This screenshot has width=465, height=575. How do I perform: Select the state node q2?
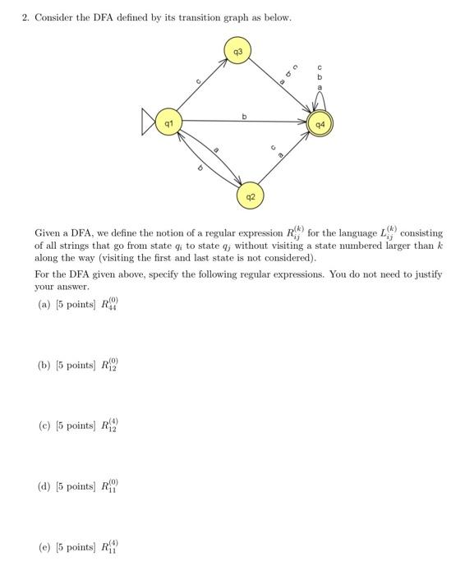coord(251,197)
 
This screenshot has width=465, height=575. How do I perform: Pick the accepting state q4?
coord(320,126)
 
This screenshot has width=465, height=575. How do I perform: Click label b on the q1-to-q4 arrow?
coord(244,117)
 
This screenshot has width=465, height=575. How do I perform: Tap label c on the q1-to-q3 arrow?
coord(197,82)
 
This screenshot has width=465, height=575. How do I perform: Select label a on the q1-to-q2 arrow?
coord(215,150)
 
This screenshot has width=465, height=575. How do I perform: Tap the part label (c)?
coord(44,425)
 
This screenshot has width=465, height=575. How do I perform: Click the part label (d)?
coord(44,486)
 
